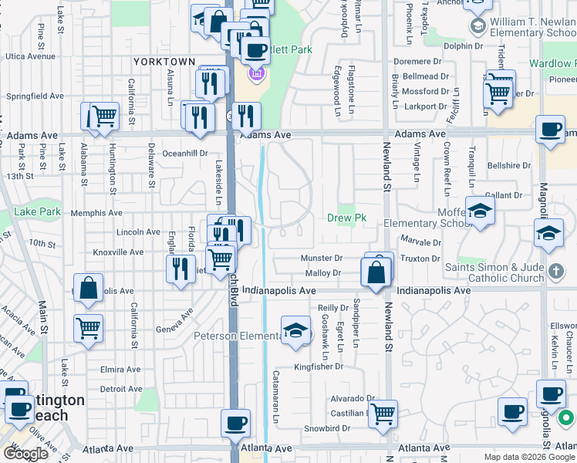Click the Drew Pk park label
346,218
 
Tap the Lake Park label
37,211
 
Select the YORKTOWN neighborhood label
164,62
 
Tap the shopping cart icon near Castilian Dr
383,414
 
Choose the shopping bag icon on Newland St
376,273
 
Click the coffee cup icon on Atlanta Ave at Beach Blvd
236,424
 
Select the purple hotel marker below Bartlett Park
257,76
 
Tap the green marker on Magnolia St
565,418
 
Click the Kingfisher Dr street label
318,367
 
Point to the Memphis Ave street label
96,213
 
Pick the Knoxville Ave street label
118,252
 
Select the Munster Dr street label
322,259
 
